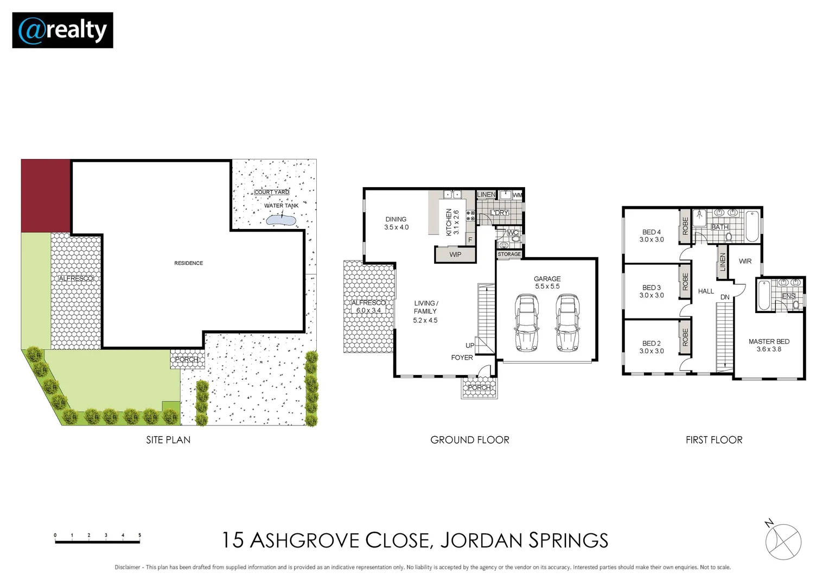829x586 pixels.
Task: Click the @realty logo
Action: [62, 30]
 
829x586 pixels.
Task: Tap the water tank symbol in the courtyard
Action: [280, 220]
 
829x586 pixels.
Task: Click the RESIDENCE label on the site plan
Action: [188, 263]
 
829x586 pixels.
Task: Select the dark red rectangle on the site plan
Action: [46, 196]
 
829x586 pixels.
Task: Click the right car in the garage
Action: [567, 323]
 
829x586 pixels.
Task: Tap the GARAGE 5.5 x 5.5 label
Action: [547, 282]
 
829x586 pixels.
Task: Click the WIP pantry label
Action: [455, 254]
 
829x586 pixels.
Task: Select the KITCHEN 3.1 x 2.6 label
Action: [452, 222]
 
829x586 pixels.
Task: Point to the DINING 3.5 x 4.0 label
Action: [396, 223]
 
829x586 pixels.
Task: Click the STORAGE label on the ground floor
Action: [509, 254]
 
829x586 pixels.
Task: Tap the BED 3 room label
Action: [652, 291]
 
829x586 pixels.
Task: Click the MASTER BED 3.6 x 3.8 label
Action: [769, 345]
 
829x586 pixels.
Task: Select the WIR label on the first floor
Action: [745, 261]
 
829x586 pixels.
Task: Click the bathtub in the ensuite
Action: [764, 295]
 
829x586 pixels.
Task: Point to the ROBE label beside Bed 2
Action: [685, 337]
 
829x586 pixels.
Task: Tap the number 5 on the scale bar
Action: [139, 536]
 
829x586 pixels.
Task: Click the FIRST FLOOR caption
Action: [713, 440]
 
